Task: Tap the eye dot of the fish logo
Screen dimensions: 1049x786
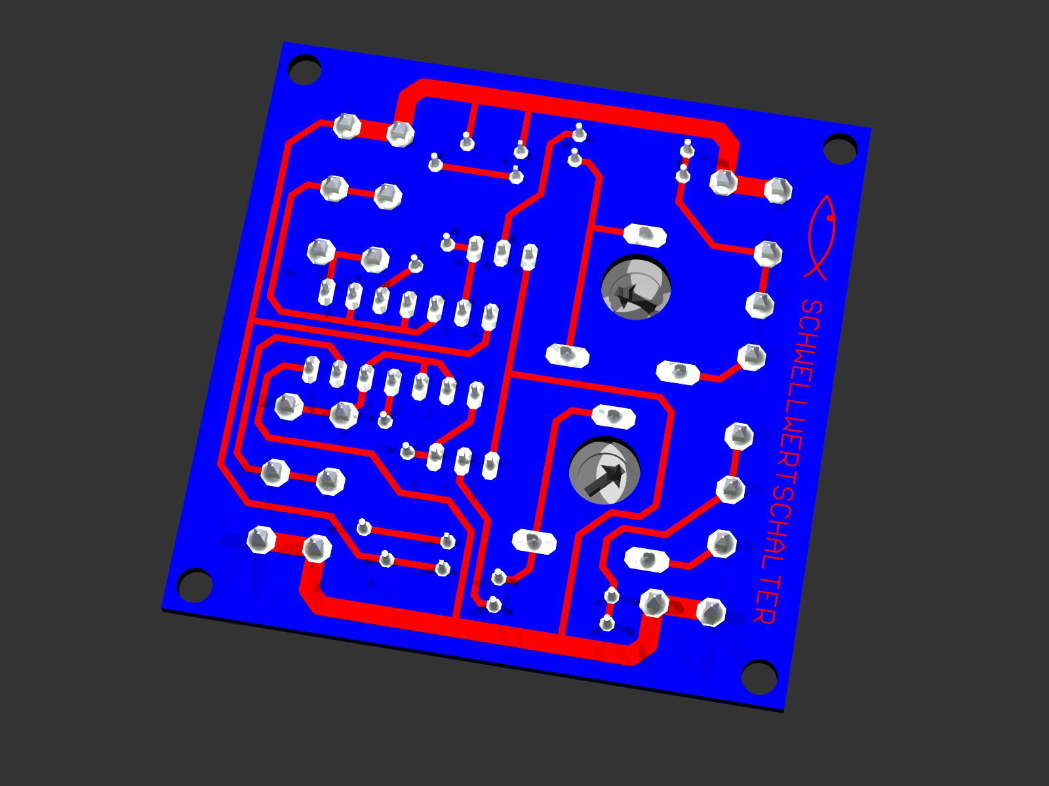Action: [x=829, y=218]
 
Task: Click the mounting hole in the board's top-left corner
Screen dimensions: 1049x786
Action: [x=304, y=69]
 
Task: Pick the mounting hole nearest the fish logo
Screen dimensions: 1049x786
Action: [x=840, y=149]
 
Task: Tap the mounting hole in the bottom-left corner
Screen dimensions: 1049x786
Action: [x=195, y=585]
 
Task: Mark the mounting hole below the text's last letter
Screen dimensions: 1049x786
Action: [x=759, y=677]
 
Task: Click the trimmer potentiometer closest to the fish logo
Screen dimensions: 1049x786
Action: [x=636, y=288]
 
